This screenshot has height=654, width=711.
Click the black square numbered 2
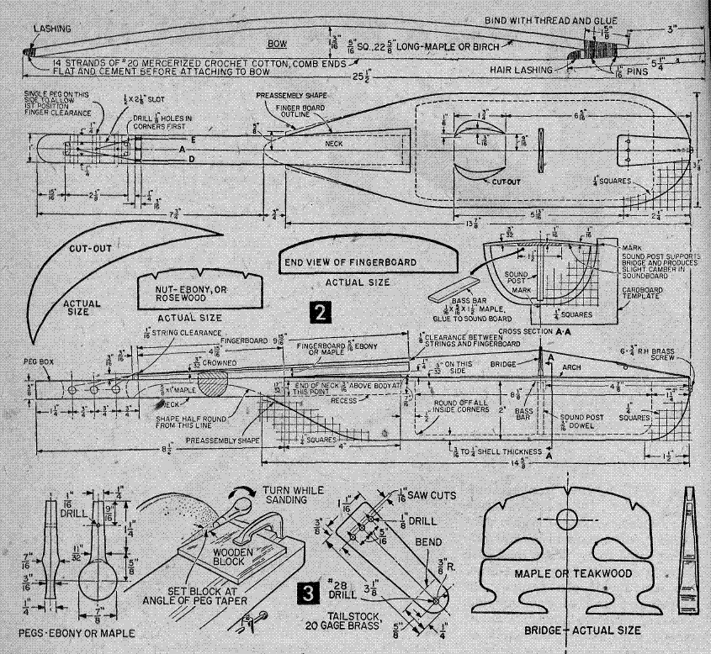(319, 313)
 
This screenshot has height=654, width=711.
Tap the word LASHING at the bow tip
(52, 28)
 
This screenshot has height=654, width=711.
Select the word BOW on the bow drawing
(277, 40)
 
